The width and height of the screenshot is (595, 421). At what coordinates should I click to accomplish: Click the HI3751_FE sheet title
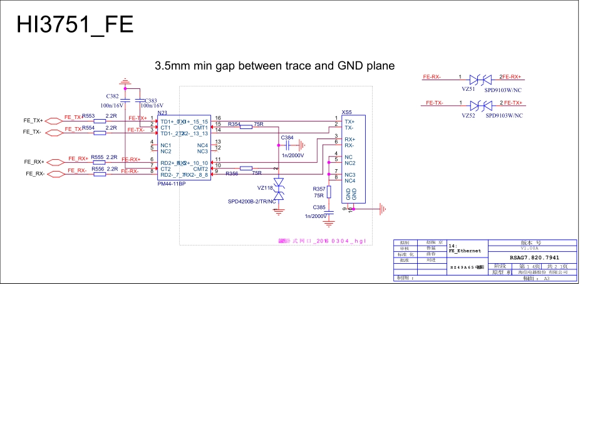click(x=75, y=24)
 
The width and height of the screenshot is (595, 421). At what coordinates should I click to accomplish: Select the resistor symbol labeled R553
click(x=100, y=121)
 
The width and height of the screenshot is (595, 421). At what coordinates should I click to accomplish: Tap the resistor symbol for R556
click(x=100, y=174)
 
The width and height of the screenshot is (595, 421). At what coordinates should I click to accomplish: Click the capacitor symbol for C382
click(x=125, y=100)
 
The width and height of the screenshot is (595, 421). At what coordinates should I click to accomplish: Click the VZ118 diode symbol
click(x=279, y=189)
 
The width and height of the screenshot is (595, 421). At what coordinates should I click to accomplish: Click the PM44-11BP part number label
click(x=172, y=184)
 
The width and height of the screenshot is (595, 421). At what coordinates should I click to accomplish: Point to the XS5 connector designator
click(x=346, y=112)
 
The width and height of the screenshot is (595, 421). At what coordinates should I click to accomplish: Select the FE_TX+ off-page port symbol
click(x=55, y=119)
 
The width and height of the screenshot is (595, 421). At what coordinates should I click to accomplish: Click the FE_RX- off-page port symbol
click(x=55, y=174)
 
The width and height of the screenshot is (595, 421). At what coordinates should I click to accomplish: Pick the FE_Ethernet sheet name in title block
click(x=465, y=251)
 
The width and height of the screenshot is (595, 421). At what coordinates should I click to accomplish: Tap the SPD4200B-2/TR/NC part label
click(x=252, y=202)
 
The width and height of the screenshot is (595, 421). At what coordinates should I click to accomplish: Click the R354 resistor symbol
click(x=246, y=125)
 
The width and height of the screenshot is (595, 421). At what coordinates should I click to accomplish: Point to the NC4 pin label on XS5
click(x=350, y=180)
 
